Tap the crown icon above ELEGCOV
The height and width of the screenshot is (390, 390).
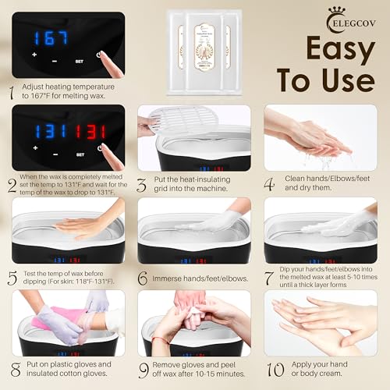click(295, 13)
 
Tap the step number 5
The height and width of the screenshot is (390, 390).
click(12, 278)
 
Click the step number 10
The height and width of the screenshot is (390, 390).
click(273, 368)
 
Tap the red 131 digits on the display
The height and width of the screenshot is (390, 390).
click(96, 129)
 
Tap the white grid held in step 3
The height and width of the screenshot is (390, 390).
click(175, 118)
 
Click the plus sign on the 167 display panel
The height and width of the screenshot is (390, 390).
click(34, 55)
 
